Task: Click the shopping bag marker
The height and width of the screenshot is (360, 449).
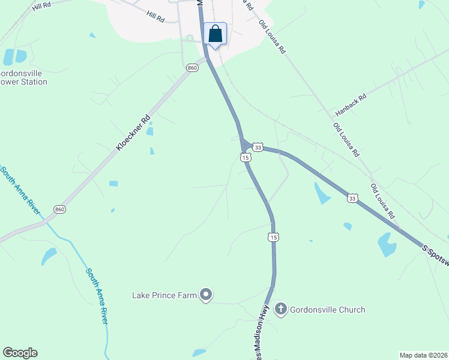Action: [215, 34]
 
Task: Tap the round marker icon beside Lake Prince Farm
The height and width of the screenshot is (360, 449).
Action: [206, 295]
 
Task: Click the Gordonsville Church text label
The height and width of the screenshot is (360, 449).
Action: [327, 310]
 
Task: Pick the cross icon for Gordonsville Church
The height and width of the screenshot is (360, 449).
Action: [280, 310]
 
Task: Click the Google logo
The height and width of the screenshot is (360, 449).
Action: [20, 353]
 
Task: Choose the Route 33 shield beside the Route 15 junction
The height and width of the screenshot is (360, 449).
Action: [258, 147]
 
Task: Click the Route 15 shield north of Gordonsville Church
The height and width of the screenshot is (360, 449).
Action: [274, 237]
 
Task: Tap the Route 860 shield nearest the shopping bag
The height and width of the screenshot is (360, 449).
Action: [192, 68]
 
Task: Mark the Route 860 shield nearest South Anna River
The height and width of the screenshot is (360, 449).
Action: [59, 209]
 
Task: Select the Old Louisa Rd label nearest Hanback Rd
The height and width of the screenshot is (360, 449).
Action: [346, 140]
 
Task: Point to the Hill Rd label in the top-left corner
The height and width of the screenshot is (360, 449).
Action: [43, 6]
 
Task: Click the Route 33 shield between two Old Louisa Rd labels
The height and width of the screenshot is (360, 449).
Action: [352, 197]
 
